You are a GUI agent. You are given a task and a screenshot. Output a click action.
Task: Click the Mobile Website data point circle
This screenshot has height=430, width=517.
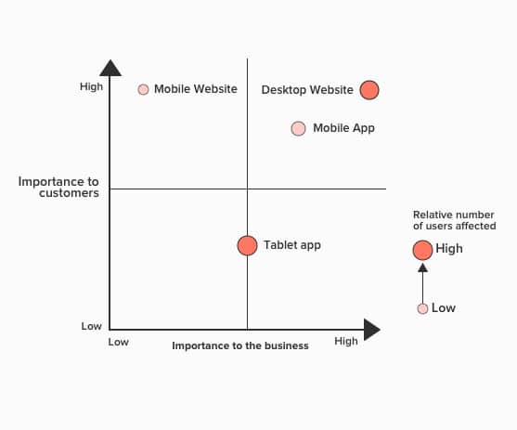[x=143, y=89]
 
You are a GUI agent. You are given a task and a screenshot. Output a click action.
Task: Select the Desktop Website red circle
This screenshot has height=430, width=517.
[x=369, y=90]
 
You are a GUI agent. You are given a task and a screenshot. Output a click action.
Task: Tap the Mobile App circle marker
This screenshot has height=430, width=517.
[x=298, y=128]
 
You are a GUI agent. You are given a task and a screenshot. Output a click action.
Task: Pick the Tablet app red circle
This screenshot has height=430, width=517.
[x=247, y=245]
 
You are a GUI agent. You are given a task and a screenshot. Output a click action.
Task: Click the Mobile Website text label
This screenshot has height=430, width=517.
[x=196, y=89]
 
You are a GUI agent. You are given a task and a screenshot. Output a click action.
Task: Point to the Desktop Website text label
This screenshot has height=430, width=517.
[x=307, y=90]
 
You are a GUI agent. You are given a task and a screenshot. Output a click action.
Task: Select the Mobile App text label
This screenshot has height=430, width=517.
[x=343, y=128]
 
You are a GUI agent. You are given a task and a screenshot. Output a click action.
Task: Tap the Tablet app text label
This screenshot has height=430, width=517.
[x=292, y=245]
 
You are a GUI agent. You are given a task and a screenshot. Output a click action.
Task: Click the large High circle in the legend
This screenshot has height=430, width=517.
[x=422, y=250]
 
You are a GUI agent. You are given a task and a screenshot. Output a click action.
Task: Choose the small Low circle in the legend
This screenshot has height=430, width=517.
[x=422, y=308]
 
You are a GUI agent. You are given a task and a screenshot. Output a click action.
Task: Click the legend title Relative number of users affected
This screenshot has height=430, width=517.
[x=455, y=220]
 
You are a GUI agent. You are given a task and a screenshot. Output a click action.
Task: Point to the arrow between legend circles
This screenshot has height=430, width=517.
[x=422, y=283]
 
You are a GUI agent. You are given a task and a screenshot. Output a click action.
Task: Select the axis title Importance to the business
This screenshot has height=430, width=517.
[x=240, y=345]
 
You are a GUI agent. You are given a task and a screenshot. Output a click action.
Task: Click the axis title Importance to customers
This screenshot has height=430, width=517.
[x=58, y=187]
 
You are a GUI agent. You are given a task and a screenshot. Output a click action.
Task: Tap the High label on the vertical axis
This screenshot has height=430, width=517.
[x=91, y=86]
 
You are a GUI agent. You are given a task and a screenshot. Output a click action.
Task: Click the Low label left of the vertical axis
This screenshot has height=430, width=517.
[x=91, y=326]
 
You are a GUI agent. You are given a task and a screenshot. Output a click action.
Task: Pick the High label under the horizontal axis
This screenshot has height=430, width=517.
[x=346, y=341]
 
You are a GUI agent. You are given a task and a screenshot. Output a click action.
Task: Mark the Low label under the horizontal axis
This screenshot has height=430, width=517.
[x=119, y=342]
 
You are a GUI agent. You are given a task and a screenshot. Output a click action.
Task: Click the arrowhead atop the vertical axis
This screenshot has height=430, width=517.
[x=110, y=68]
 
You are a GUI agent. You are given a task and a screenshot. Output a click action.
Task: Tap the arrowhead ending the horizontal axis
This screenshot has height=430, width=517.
[x=372, y=330]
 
